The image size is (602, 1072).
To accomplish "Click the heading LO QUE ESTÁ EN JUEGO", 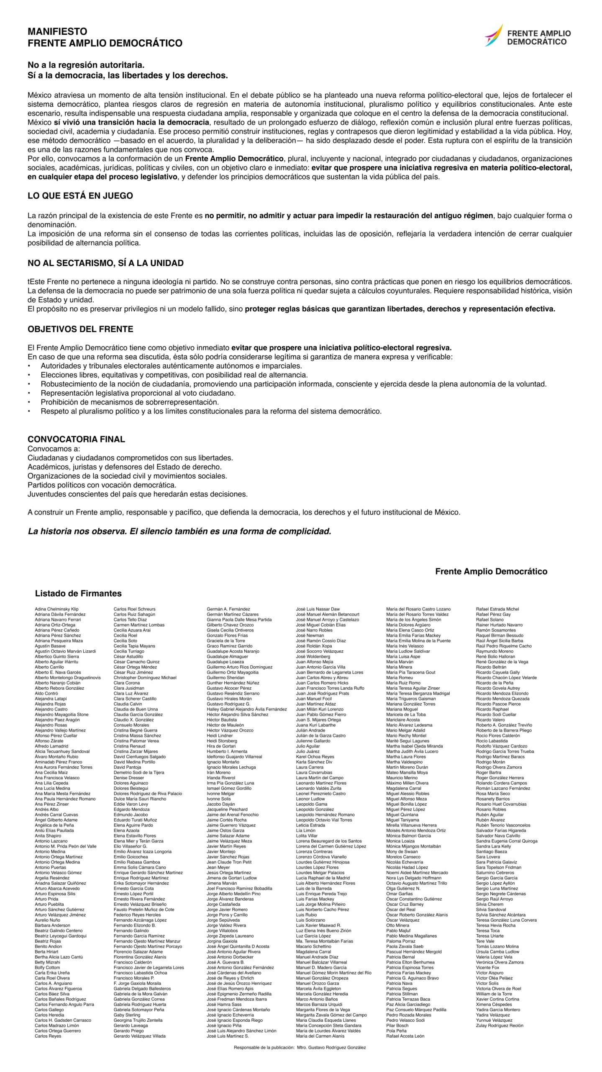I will pos(80,196).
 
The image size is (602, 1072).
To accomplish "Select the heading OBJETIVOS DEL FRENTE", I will pos(80,329).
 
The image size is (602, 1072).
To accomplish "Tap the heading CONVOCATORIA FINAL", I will pos(76,439).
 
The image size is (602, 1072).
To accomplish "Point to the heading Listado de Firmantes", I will pos(78,593).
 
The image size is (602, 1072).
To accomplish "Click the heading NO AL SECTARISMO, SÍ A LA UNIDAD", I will pos(105,263).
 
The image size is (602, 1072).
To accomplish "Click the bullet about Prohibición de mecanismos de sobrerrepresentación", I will pos(130,402).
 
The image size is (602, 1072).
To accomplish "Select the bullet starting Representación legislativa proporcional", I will pos(138,393).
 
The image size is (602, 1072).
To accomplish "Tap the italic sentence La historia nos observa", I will pos(179,531).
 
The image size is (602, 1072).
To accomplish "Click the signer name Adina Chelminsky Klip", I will pos(56,609).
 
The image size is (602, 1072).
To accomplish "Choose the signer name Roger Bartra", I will pos(488,773).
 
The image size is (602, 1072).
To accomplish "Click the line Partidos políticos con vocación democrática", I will pos(102,485).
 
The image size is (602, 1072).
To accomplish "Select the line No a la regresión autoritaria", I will pos(86,65).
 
